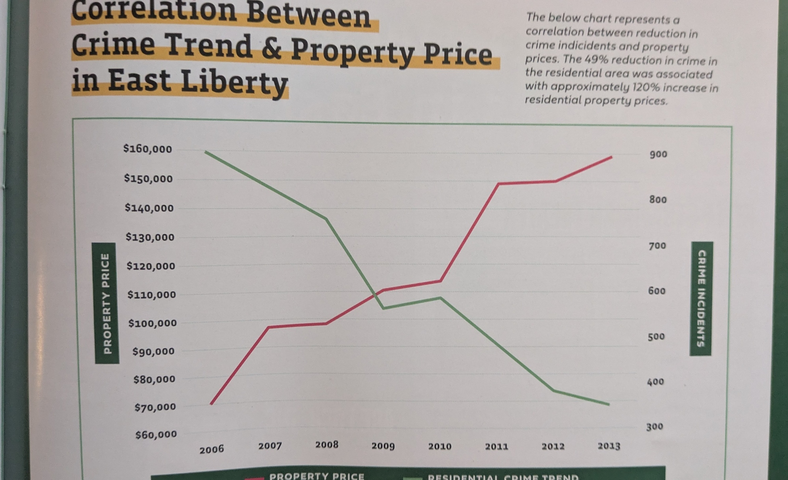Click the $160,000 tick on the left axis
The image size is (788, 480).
[148, 149]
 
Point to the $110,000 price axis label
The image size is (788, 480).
[152, 295]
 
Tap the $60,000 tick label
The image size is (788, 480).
[156, 435]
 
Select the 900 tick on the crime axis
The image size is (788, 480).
[658, 154]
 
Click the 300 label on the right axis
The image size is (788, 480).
[654, 427]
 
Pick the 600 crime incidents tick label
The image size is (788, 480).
[657, 291]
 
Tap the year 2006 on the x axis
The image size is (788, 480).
[212, 449]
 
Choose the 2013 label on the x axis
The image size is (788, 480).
[609, 446]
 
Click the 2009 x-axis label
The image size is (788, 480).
[383, 446]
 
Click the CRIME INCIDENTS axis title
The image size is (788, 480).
[701, 298]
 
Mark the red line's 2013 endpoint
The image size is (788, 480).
[611, 157]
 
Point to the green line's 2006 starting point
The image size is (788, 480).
[206, 152]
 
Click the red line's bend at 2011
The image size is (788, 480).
[498, 184]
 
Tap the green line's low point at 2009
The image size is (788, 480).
[383, 308]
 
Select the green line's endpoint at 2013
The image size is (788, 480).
[609, 404]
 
